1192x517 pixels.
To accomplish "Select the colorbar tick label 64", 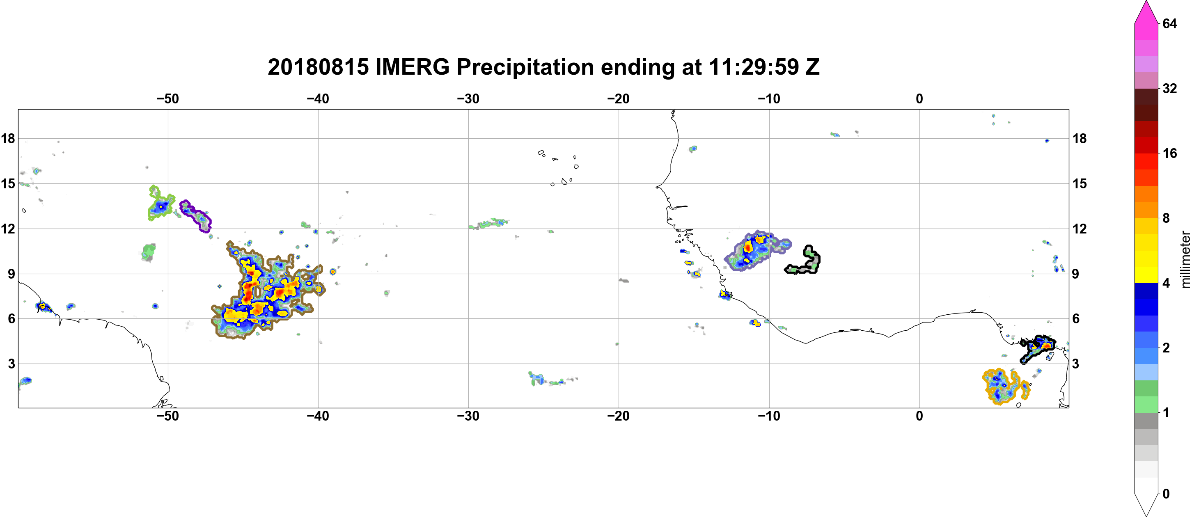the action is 1169,23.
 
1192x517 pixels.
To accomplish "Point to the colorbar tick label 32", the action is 1169,88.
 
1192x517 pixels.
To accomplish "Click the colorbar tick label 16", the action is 1169,153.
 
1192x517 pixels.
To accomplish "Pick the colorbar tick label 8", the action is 1166,218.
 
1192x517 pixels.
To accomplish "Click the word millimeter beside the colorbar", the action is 1185,260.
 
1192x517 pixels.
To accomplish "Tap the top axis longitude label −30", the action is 468,99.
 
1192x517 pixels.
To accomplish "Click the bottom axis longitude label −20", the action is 619,416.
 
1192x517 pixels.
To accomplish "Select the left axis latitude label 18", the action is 8,138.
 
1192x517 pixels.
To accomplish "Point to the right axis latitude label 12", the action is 1080,229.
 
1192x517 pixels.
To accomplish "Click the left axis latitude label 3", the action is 11,364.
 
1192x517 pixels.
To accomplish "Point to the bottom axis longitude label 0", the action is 919,416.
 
